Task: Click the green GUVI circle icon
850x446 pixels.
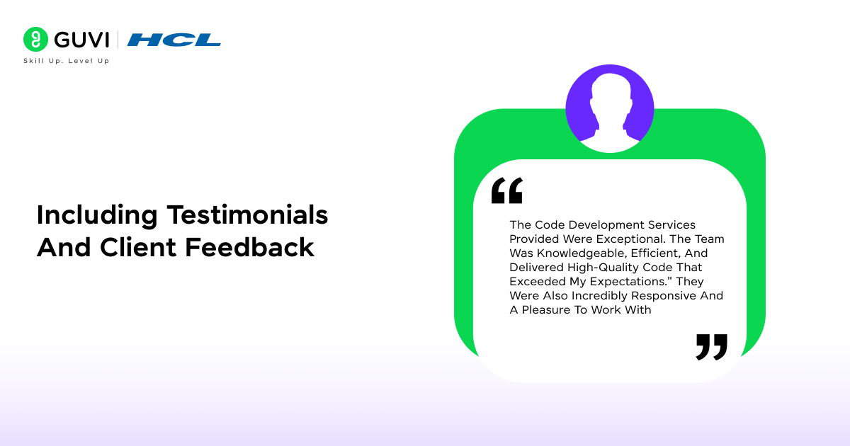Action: click(x=35, y=39)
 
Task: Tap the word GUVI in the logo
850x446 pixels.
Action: click(x=81, y=40)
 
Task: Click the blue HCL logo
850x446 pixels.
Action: click(x=174, y=40)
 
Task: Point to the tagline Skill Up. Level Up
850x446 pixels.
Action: click(x=67, y=61)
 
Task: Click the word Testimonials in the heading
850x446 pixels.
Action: click(x=247, y=215)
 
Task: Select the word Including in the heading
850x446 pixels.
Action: click(x=97, y=215)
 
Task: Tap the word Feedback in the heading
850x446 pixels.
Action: click(x=249, y=247)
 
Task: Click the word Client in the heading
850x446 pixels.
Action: click(x=137, y=247)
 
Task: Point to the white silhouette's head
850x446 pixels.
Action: click(x=610, y=91)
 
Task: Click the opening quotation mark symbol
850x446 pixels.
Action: click(x=507, y=190)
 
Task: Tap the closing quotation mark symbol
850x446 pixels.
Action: click(x=711, y=347)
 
